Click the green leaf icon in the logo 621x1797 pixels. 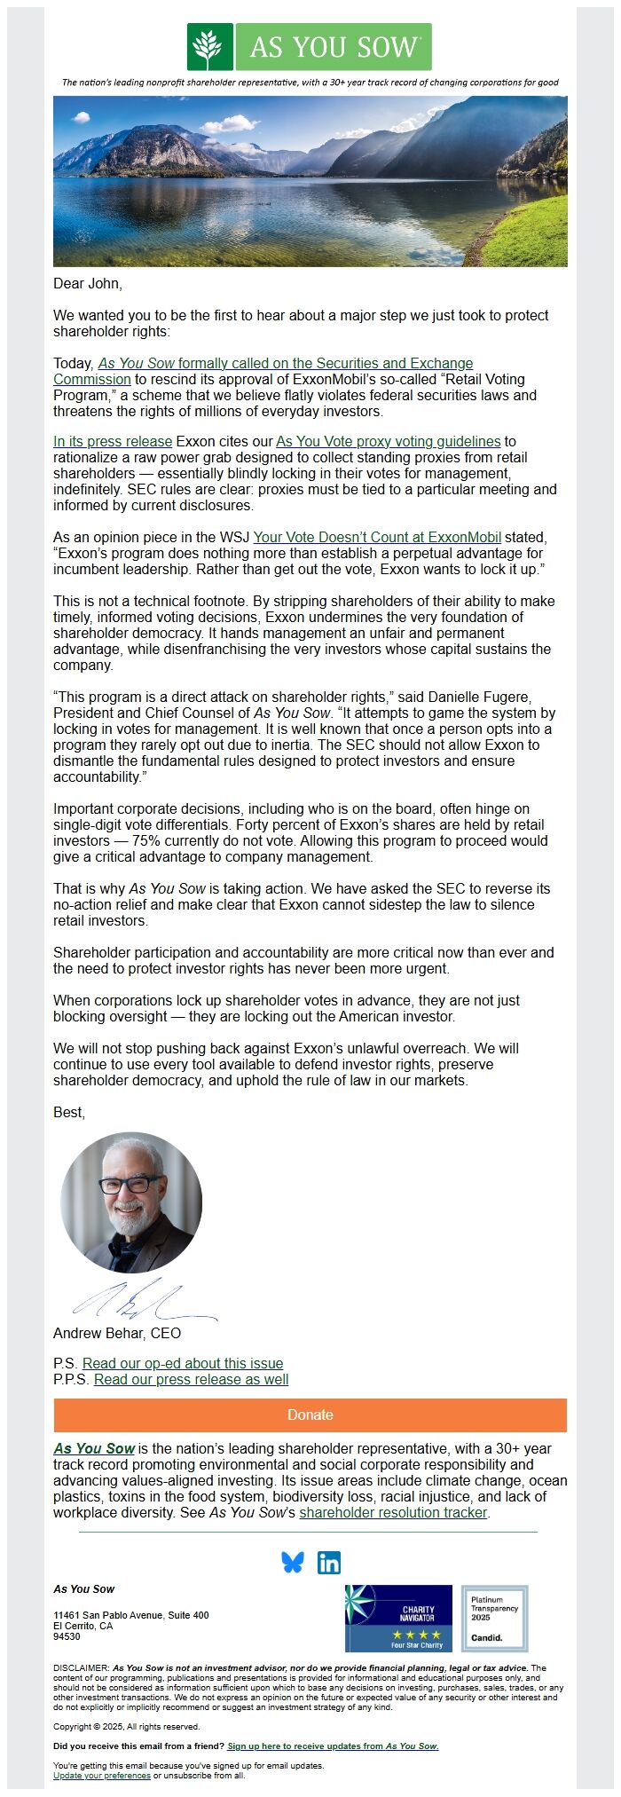coord(210,47)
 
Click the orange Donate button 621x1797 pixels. coord(310,1415)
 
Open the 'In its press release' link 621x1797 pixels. coord(113,441)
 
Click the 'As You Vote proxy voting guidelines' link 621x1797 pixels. coord(389,441)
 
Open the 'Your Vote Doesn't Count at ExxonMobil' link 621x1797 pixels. coord(377,537)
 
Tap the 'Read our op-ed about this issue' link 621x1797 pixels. coord(183,1363)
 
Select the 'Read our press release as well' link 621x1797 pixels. coord(191,1379)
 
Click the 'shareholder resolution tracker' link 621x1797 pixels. coord(393,1512)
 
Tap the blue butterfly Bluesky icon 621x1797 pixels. coord(292,1563)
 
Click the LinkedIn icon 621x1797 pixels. coord(329,1563)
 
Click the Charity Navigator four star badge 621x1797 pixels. coord(398,1618)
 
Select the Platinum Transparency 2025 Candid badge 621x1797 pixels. coord(494,1618)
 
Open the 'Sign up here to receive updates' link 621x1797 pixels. coord(333,1746)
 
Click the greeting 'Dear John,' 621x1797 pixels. coord(88,283)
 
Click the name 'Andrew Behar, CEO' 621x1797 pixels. coord(117,1333)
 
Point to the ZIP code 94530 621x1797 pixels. coord(67,1636)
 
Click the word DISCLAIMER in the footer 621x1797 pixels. coord(81,1667)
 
